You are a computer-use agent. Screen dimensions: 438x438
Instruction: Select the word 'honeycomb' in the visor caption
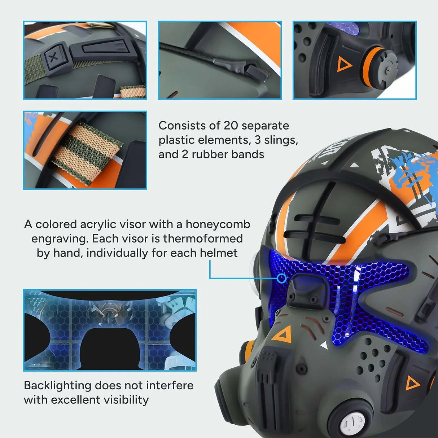pos(218,224)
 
